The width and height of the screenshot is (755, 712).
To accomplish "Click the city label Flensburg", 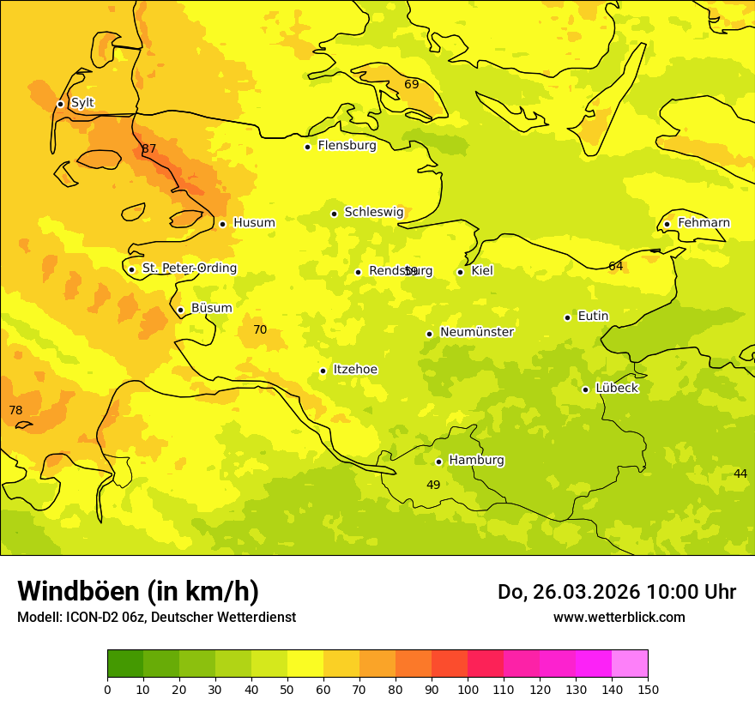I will point(347,146).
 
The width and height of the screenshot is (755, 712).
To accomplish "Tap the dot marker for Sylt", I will point(60,104).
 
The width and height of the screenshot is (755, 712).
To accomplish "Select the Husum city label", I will point(254,223).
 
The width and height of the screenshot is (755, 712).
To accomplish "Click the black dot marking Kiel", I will point(460,272).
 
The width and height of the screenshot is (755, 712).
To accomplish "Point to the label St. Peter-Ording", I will point(189,269).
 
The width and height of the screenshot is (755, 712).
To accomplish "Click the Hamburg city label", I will point(476,461).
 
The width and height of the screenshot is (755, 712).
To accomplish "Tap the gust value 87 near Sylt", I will point(149,149).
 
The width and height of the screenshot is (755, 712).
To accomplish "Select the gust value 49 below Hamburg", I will point(433,486).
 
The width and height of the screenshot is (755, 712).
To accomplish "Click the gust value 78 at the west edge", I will point(15,411).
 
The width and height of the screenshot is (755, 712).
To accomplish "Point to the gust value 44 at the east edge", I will point(740,474).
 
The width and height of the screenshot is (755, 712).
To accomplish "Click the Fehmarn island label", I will point(704,223).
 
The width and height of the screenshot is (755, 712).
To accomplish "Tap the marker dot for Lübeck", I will point(585,389).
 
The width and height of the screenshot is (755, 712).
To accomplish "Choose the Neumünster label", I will point(477,332).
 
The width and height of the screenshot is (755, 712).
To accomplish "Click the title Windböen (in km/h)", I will point(138,591).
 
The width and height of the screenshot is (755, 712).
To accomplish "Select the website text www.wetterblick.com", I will point(619,618).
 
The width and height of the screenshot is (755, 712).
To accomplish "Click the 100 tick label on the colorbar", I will point(468,690).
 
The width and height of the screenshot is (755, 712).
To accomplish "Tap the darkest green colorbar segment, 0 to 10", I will point(125,664).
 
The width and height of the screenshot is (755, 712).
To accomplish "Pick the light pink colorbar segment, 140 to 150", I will point(630,664).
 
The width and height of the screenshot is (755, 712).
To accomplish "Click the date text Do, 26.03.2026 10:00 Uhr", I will point(617,592).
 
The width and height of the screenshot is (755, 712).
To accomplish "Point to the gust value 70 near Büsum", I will point(260,330).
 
